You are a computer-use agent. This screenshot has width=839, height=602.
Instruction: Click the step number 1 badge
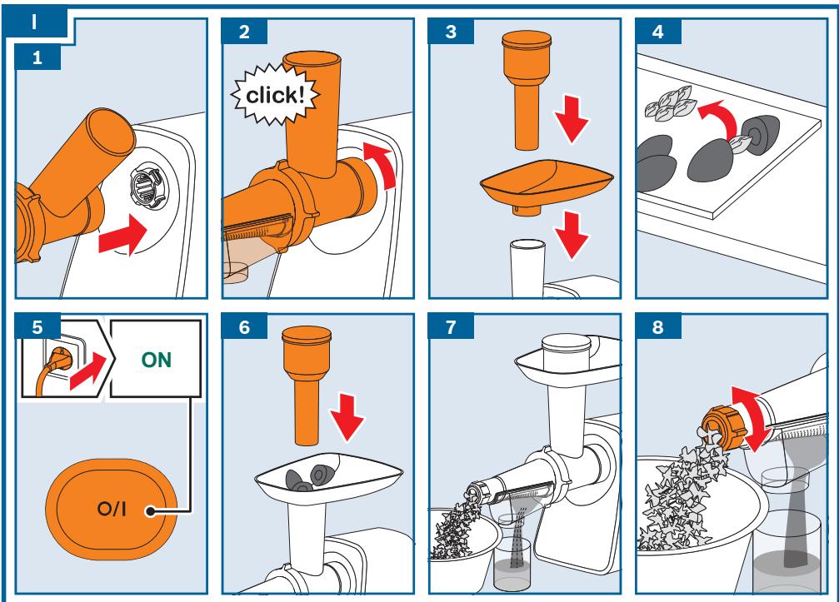pyautogui.click(x=37, y=57)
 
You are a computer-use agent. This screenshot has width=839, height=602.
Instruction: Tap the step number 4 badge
pyautogui.click(x=658, y=32)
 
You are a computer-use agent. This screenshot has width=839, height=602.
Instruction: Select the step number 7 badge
pyautogui.click(x=451, y=326)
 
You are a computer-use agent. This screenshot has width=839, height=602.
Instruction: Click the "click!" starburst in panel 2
pyautogui.click(x=275, y=95)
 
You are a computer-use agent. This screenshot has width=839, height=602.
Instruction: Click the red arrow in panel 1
pyautogui.click(x=123, y=234)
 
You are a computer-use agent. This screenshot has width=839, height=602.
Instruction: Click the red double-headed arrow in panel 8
pyautogui.click(x=752, y=419)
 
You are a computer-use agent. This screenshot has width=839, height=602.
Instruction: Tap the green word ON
pyautogui.click(x=157, y=360)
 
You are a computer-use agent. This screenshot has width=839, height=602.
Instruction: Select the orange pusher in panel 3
pyautogui.click(x=527, y=90)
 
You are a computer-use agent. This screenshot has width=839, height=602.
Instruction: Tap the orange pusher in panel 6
pyautogui.click(x=307, y=385)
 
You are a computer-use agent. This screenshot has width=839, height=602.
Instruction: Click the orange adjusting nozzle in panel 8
pyautogui.click(x=722, y=428)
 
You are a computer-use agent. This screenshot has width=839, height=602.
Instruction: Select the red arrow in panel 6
pyautogui.click(x=347, y=418)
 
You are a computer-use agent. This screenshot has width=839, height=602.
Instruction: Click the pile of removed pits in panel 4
pyautogui.click(x=669, y=103)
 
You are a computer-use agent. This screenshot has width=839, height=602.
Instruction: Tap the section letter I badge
pyautogui.click(x=35, y=22)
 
